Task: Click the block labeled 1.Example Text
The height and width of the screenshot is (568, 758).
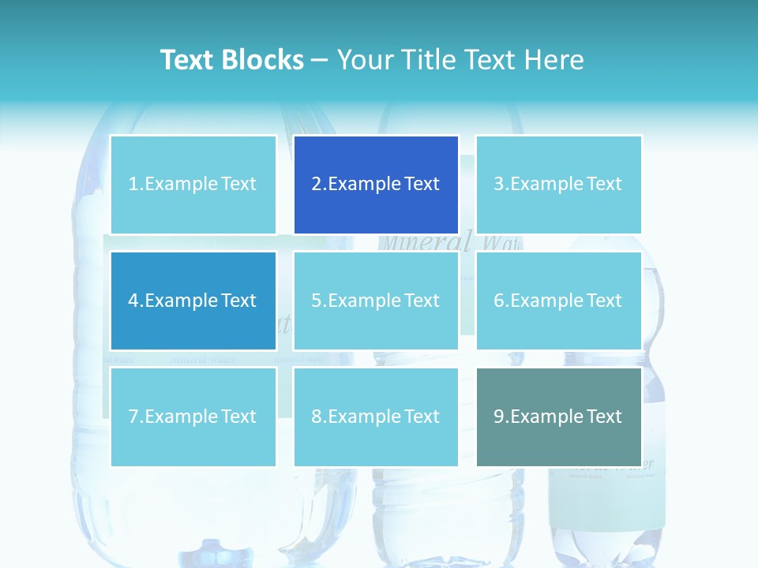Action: [x=193, y=185]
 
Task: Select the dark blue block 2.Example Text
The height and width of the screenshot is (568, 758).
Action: [x=376, y=185]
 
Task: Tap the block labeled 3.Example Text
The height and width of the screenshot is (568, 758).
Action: [x=558, y=185]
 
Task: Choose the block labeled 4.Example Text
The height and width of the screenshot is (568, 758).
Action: [x=193, y=301]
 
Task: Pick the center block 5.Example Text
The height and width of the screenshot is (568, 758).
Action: [x=376, y=301]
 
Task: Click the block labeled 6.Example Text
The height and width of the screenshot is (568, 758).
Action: [x=558, y=301]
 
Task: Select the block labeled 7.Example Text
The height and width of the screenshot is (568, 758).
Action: [x=193, y=417]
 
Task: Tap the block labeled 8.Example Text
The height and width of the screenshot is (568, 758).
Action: [x=376, y=417]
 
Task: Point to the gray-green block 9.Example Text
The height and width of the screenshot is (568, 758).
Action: [x=558, y=417]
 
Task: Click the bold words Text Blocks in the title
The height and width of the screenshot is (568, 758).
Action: [x=231, y=60]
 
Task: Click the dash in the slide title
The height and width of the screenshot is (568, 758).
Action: [x=320, y=61]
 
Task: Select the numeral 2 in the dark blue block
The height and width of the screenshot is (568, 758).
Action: [x=316, y=185]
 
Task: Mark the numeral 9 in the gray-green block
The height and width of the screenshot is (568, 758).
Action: [x=499, y=417]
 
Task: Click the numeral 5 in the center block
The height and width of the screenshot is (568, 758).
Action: [x=316, y=301]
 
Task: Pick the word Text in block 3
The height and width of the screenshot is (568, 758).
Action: [x=605, y=185]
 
